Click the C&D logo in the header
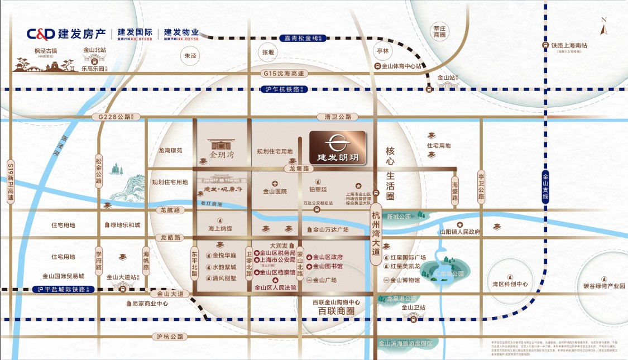point(40,33)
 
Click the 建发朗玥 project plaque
point(337,148)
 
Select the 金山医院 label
point(275,191)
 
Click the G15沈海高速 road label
point(285,74)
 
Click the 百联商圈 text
point(336,311)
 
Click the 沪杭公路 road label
point(170,337)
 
